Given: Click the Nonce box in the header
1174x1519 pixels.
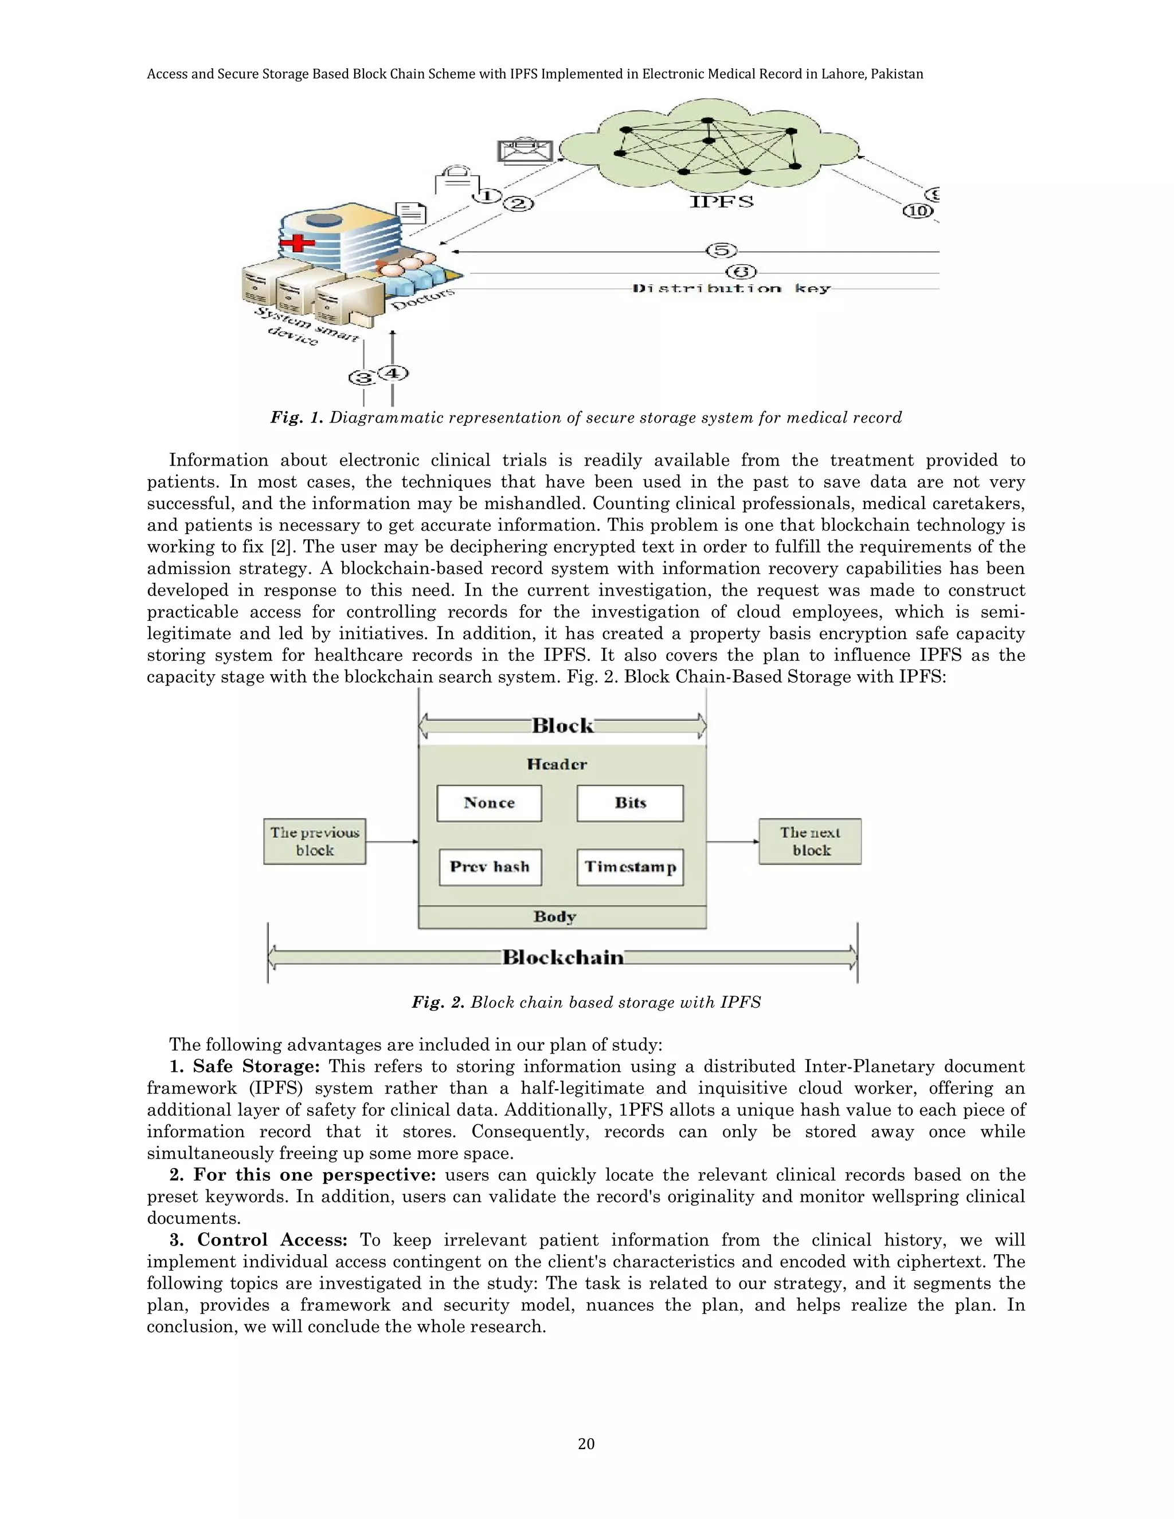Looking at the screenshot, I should pyautogui.click(x=489, y=803).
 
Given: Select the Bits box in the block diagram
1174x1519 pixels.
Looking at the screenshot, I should pyautogui.click(x=630, y=803).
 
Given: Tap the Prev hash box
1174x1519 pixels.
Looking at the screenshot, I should pyautogui.click(x=490, y=867).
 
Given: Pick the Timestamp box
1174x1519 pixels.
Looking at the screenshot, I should pyautogui.click(x=630, y=867).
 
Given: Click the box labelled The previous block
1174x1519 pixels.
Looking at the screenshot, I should pyautogui.click(x=314, y=841).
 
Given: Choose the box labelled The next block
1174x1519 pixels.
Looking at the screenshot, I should pyautogui.click(x=810, y=841).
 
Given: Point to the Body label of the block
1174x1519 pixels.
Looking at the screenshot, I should pyautogui.click(x=555, y=917).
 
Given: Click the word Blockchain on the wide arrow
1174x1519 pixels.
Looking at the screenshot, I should pyautogui.click(x=563, y=958).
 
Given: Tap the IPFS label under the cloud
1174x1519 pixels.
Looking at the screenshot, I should pyautogui.click(x=721, y=202).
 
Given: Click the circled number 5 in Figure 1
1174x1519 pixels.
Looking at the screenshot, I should pyautogui.click(x=721, y=250).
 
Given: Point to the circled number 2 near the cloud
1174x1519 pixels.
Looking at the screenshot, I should pyautogui.click(x=519, y=204).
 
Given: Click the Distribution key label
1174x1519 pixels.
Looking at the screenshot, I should pyautogui.click(x=731, y=289).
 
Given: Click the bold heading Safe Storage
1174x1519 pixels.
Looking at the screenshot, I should pyautogui.click(x=255, y=1067).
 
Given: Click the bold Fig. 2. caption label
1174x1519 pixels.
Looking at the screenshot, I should pyautogui.click(x=437, y=1002).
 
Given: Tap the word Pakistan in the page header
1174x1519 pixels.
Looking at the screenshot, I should pyautogui.click(x=897, y=74).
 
